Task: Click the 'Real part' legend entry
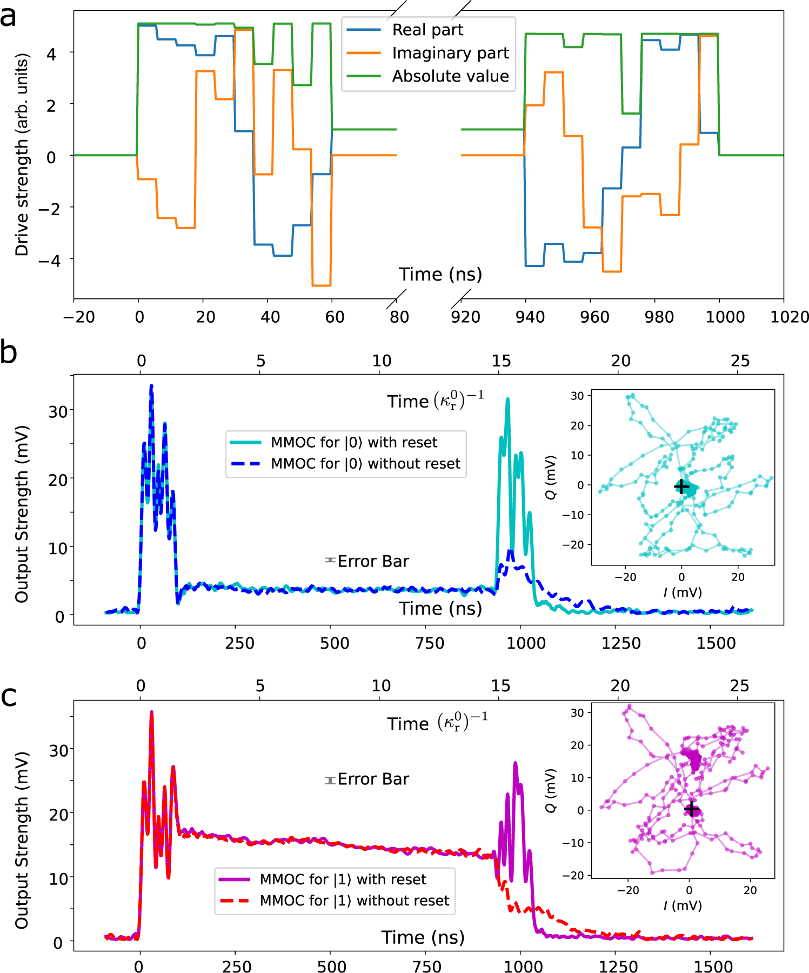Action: pos(427,30)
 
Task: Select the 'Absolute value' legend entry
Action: pos(450,76)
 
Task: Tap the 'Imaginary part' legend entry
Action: pos(450,53)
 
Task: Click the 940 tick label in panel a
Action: pos(530,317)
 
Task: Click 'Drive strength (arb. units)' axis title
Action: pos(22,155)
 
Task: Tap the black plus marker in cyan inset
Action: pos(681,486)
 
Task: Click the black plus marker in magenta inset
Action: pos(691,809)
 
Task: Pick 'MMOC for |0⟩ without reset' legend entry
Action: pos(365,464)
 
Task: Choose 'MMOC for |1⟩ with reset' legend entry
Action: pos(343,879)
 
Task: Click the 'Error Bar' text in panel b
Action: pos(373,562)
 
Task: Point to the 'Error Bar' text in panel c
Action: pos(373,779)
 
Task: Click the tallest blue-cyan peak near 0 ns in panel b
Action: pos(151,386)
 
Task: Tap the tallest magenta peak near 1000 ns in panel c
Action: pos(515,763)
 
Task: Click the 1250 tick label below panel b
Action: pos(621,643)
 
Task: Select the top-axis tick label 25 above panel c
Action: pos(739,686)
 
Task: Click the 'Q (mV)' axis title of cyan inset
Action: pos(551,477)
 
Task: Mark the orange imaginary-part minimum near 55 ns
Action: pos(322,285)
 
